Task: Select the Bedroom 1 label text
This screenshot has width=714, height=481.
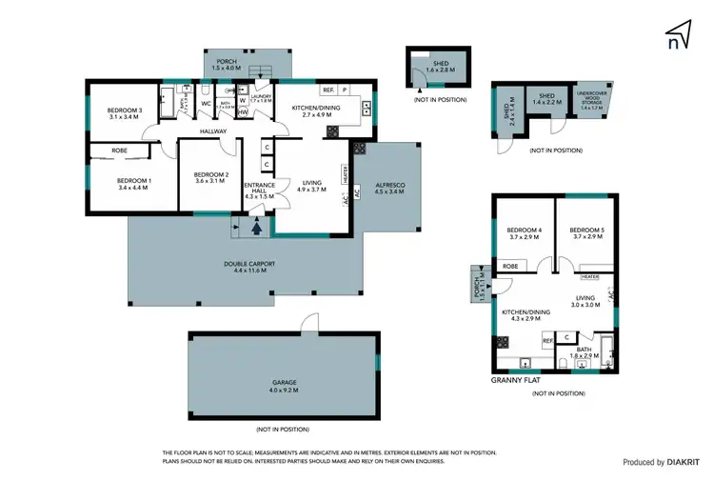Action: [x=134, y=183]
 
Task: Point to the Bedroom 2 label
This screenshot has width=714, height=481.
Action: [x=210, y=177]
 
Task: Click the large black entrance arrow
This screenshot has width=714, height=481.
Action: [x=255, y=227]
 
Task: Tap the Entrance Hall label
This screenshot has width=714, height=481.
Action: [x=259, y=190]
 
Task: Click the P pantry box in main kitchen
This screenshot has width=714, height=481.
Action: [x=344, y=90]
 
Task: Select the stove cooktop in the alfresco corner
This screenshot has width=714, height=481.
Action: [x=360, y=148]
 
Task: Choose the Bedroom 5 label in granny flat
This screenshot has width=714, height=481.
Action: [x=586, y=233]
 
